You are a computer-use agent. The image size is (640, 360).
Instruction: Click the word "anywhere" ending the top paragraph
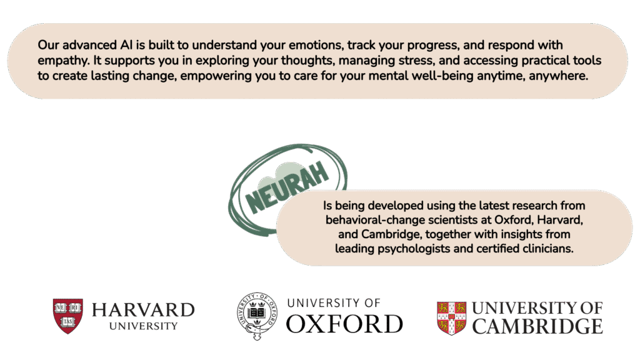(x=558, y=76)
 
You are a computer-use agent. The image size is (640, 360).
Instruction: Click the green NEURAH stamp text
(x=287, y=187)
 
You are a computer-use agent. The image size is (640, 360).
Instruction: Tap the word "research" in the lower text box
(x=534, y=205)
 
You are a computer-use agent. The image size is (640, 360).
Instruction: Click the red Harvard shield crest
(x=67, y=316)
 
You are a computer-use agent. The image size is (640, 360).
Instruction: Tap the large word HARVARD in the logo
(x=143, y=310)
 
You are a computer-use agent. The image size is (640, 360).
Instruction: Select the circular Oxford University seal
(x=257, y=316)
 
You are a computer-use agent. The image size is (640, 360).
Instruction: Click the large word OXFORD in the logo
(x=344, y=324)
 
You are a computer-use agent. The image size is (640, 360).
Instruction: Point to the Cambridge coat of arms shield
(x=451, y=318)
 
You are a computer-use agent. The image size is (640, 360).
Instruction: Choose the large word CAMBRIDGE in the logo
(x=537, y=326)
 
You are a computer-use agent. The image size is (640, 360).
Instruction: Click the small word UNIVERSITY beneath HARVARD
(x=143, y=326)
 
